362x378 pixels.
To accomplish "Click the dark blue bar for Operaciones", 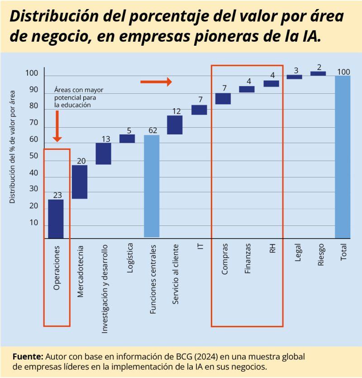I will [56, 219].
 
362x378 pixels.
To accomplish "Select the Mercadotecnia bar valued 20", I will [80, 182].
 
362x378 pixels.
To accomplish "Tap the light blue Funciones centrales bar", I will [152, 186].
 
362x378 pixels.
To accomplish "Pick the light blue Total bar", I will [343, 157].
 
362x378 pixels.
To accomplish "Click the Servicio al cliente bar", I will [175, 125].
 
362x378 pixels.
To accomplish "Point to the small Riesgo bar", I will [318, 73].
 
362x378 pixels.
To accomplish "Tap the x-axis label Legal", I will [298, 255].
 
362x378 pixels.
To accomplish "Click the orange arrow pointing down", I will [57, 127].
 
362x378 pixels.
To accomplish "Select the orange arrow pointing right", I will [156, 81].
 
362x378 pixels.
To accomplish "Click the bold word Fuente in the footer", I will [28, 355].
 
